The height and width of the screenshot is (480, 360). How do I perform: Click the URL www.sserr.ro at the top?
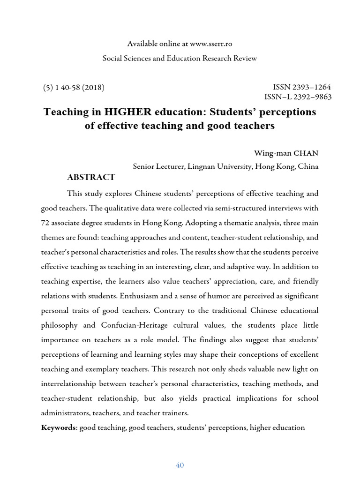click(211, 44)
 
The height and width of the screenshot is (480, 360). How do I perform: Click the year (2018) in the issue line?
click(93, 87)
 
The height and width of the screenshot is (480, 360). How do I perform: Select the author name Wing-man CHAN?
click(286, 153)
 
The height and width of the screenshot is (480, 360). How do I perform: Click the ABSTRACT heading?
click(91, 177)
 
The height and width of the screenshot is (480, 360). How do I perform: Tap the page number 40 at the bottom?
click(180, 465)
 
